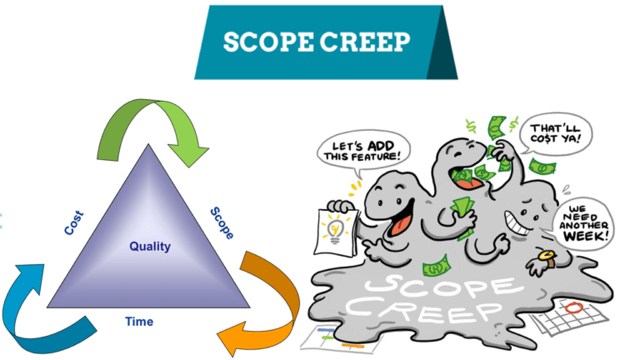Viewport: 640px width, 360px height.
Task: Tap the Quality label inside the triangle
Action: (x=150, y=247)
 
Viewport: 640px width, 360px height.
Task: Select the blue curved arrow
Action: (x=37, y=309)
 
